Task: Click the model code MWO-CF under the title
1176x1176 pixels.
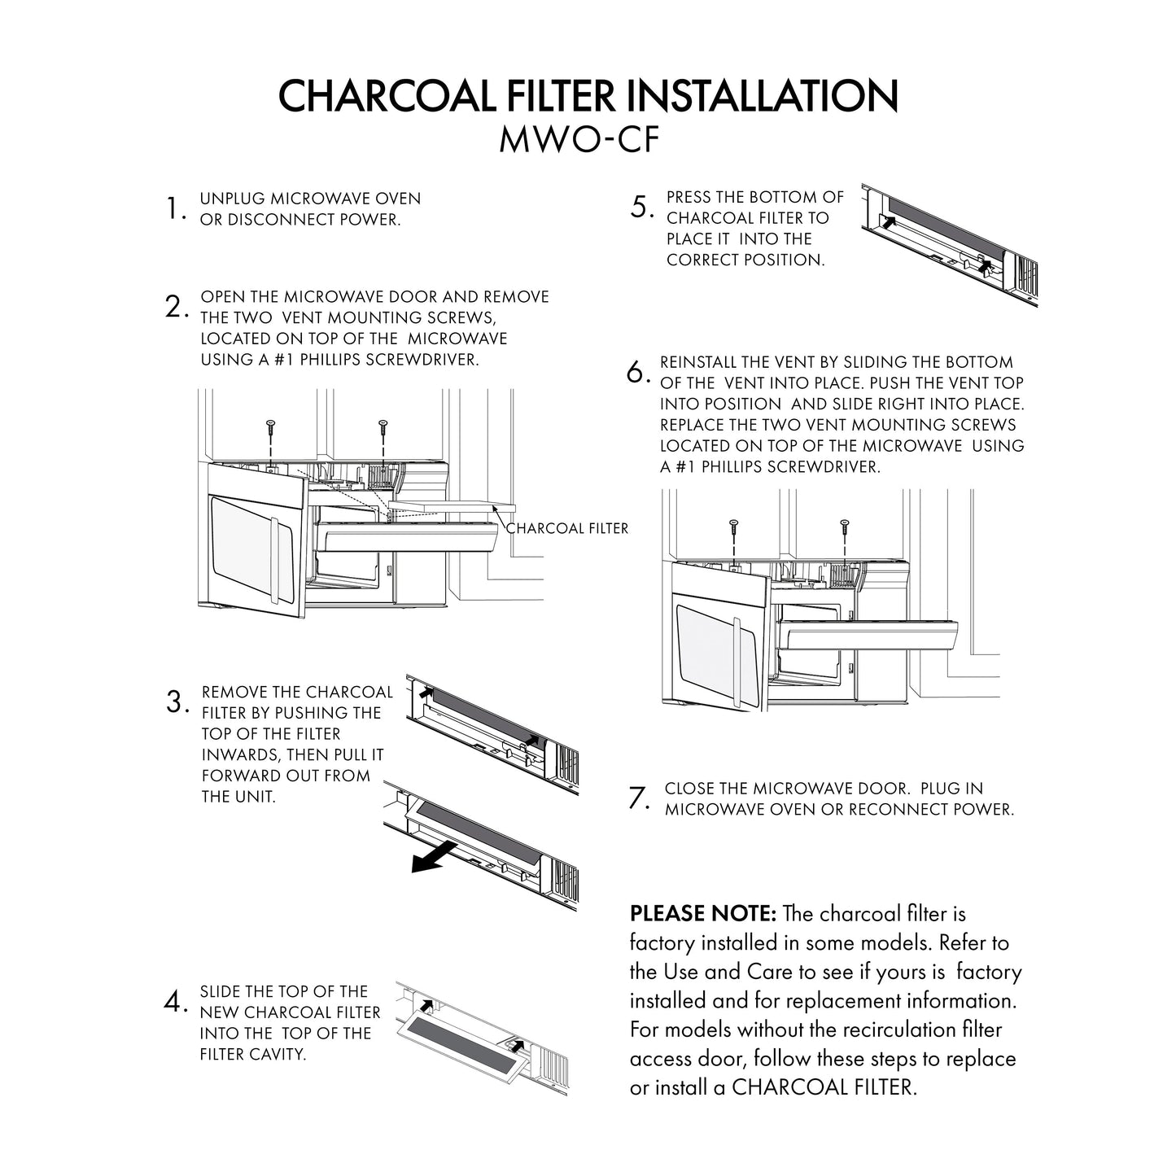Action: [579, 139]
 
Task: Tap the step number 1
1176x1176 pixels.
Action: [172, 209]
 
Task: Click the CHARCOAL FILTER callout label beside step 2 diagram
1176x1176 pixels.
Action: [567, 528]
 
